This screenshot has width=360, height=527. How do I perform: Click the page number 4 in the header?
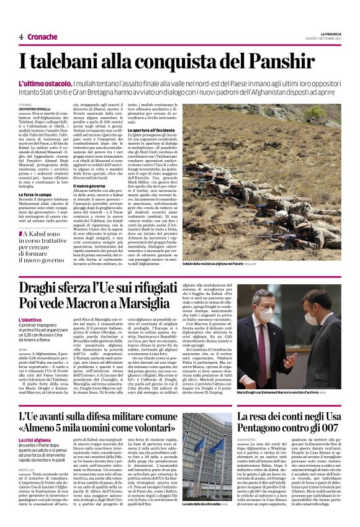(x=21, y=37)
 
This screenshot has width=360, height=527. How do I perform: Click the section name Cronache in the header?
(x=42, y=37)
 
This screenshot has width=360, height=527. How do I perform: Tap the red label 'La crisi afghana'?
(x=34, y=439)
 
